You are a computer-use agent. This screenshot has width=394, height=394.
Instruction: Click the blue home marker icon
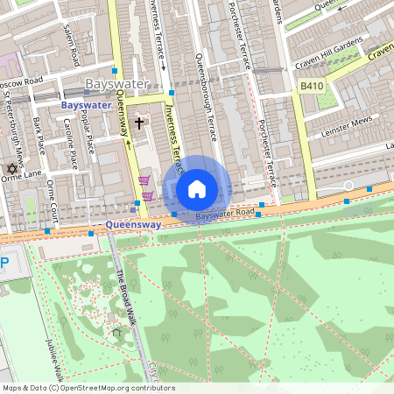coord(197,189)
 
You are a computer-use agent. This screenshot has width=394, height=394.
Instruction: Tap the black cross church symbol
coord(138,123)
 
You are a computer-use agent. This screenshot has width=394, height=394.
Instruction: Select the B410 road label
coord(311,86)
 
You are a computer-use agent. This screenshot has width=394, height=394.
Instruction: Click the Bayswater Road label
coord(225,214)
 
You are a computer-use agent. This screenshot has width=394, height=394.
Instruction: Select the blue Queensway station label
coord(133,224)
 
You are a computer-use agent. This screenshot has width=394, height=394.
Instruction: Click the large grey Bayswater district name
coord(116,84)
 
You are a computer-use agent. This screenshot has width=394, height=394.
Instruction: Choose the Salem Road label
coord(71,45)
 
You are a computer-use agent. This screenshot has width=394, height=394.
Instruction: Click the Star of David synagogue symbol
coord(12,168)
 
